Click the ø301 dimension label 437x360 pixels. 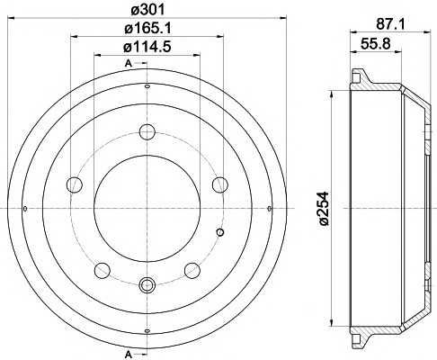tap(147, 10)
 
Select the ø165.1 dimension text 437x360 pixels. tap(147, 29)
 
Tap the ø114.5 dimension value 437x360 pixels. tap(147, 47)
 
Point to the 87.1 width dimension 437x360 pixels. tap(390, 24)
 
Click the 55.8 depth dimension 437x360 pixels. tap(376, 44)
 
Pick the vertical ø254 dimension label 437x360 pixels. tap(325, 209)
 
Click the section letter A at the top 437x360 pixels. tap(129, 63)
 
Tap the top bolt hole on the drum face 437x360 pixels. tap(147, 131)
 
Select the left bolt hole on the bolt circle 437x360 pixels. tap(75, 184)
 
